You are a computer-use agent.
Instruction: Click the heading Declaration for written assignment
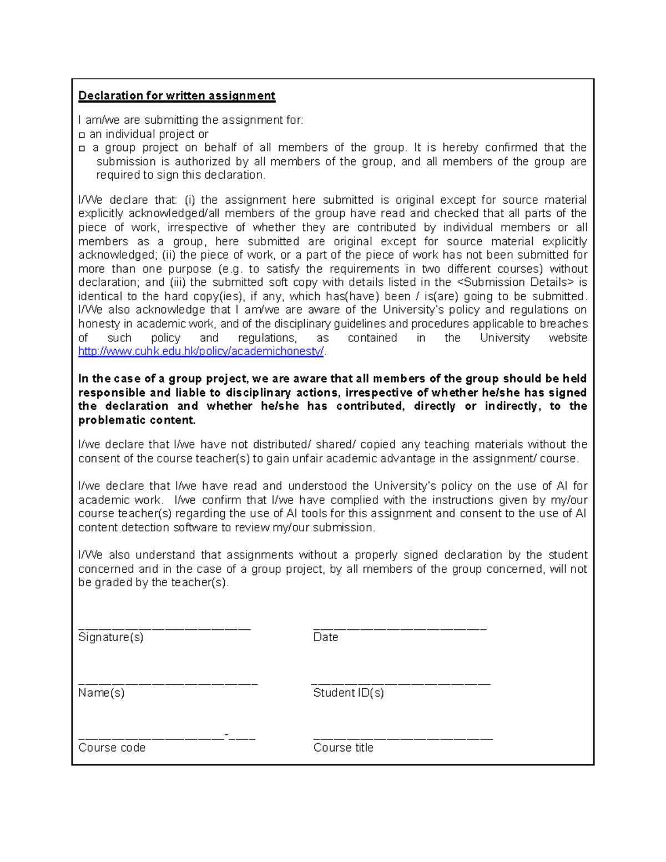click(x=176, y=95)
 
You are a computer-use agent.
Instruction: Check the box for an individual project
click(x=82, y=135)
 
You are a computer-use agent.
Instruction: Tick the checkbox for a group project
click(x=82, y=148)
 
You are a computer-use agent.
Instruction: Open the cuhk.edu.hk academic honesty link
click(x=201, y=351)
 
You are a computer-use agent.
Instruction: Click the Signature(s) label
click(x=110, y=637)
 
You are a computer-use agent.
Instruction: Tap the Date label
click(x=325, y=637)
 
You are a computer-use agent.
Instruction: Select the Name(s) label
click(x=101, y=693)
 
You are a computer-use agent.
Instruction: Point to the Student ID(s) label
click(x=349, y=693)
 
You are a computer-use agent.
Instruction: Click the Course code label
click(x=112, y=748)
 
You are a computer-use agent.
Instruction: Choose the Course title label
click(x=343, y=748)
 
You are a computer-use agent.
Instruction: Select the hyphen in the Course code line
click(x=226, y=735)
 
